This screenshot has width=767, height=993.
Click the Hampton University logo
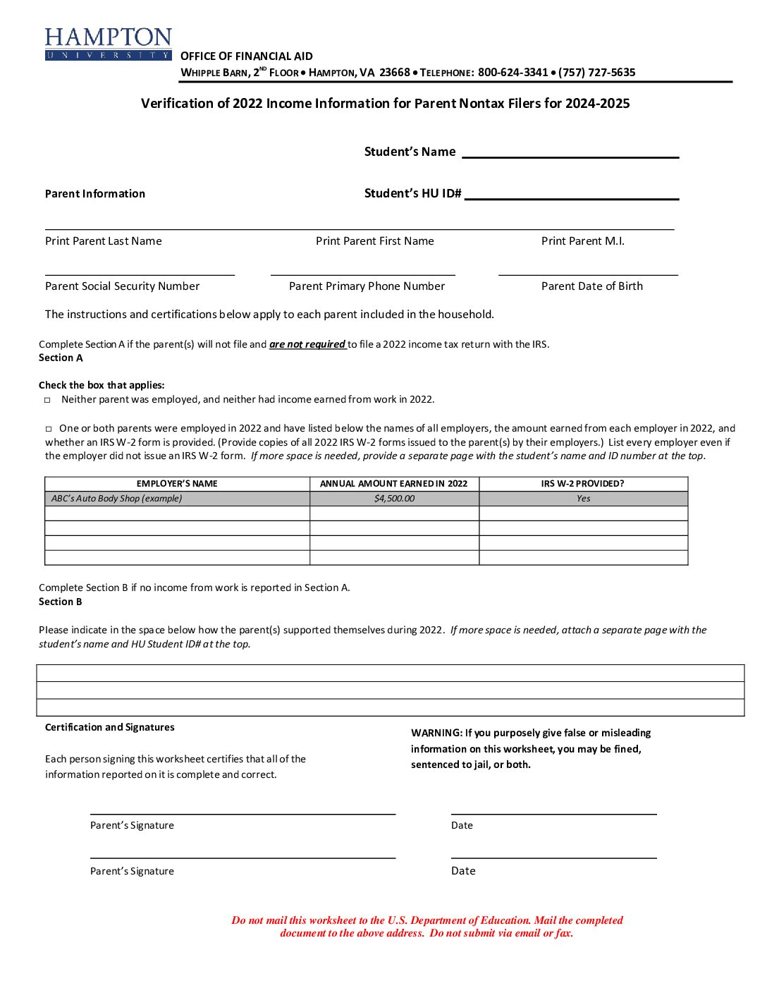[x=108, y=44]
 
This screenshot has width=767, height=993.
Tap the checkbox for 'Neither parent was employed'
[x=48, y=400]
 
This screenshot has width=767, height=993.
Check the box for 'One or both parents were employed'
[x=49, y=429]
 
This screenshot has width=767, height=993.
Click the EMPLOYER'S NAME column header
[x=177, y=484]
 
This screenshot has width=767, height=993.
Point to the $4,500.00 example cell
[x=394, y=499]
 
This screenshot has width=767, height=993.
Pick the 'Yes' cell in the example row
[x=583, y=499]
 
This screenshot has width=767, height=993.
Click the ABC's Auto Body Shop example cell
[x=117, y=499]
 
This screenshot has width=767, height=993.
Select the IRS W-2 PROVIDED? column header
[x=582, y=484]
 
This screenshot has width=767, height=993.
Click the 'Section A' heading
[x=61, y=358]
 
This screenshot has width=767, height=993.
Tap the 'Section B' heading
[x=61, y=602]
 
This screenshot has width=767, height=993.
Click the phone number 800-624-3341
[x=513, y=73]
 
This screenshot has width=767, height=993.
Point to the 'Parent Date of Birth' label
[x=591, y=286]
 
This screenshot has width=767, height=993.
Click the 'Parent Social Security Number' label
[x=122, y=286]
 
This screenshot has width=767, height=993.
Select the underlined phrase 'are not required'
[x=307, y=345]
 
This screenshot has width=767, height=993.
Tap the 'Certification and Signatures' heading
[x=109, y=728]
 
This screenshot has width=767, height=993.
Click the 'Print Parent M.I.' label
[x=582, y=241]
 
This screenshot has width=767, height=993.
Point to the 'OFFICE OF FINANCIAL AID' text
[x=246, y=56]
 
